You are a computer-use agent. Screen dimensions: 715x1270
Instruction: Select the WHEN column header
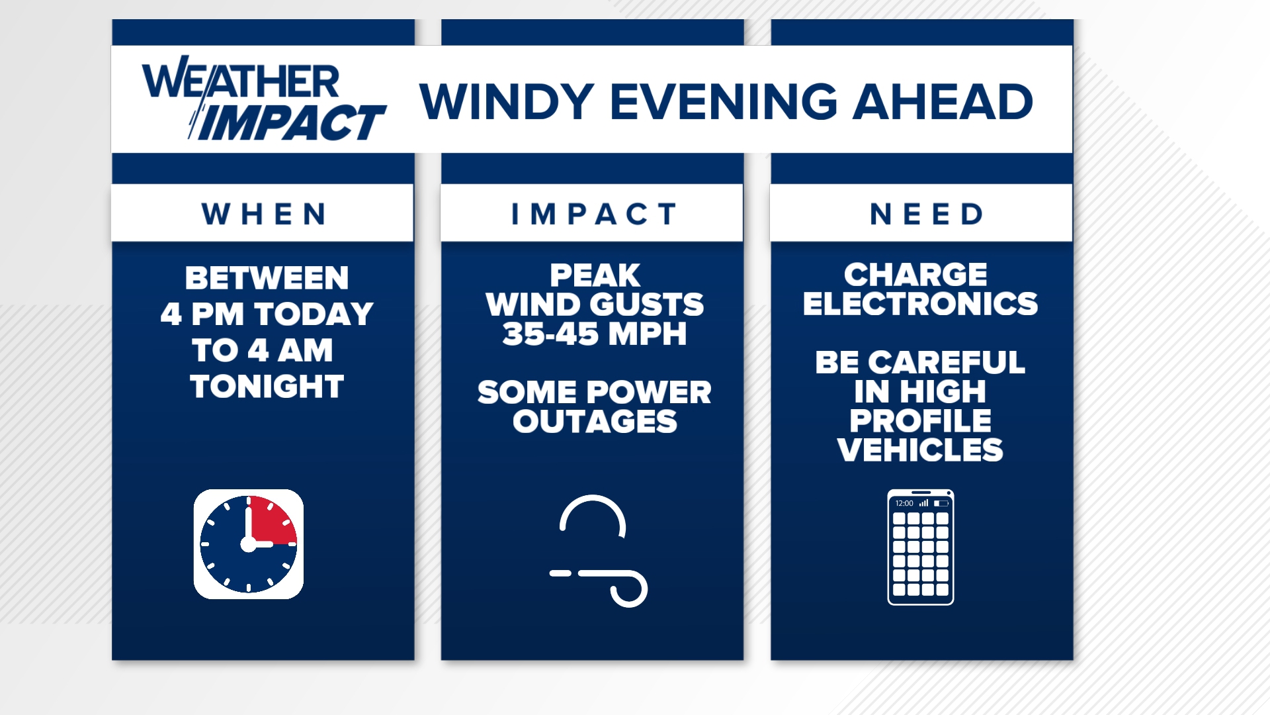pos(263,214)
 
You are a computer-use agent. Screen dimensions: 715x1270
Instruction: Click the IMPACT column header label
pos(593,214)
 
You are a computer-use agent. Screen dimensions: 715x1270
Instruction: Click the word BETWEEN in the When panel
pos(267,278)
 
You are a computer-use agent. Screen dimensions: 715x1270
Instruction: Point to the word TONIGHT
pos(267,386)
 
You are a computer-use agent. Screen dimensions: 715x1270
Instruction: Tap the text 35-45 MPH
pos(594,334)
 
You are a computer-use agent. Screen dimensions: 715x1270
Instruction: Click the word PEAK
pos(594,275)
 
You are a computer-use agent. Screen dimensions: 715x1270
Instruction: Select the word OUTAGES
pos(594,422)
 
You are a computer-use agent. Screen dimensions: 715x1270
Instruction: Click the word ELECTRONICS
pos(920,304)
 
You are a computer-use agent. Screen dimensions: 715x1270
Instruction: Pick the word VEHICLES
pos(920,450)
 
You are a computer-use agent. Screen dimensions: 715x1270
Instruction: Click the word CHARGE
pos(915,275)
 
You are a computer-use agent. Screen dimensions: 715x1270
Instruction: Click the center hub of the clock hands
pos(248,544)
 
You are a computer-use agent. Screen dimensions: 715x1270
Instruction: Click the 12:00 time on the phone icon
pos(904,504)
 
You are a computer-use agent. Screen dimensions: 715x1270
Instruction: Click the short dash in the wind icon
pos(560,573)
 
